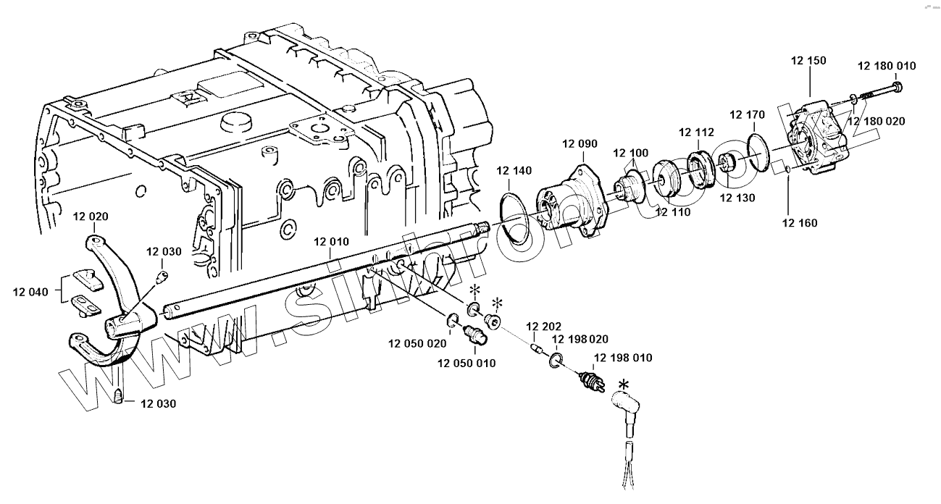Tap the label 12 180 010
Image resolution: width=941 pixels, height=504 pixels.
coord(887,66)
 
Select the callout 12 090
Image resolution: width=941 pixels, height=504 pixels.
coord(580,144)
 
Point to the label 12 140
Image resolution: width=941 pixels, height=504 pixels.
coord(514,171)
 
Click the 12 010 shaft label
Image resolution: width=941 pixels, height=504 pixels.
coord(330,241)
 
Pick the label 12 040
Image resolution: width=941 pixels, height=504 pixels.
coord(30,292)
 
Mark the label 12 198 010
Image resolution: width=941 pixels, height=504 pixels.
coord(623,358)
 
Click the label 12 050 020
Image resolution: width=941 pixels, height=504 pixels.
coord(417,343)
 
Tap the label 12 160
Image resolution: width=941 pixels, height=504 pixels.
coord(800,223)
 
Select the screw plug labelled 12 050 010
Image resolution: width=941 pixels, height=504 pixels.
coord(476,335)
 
